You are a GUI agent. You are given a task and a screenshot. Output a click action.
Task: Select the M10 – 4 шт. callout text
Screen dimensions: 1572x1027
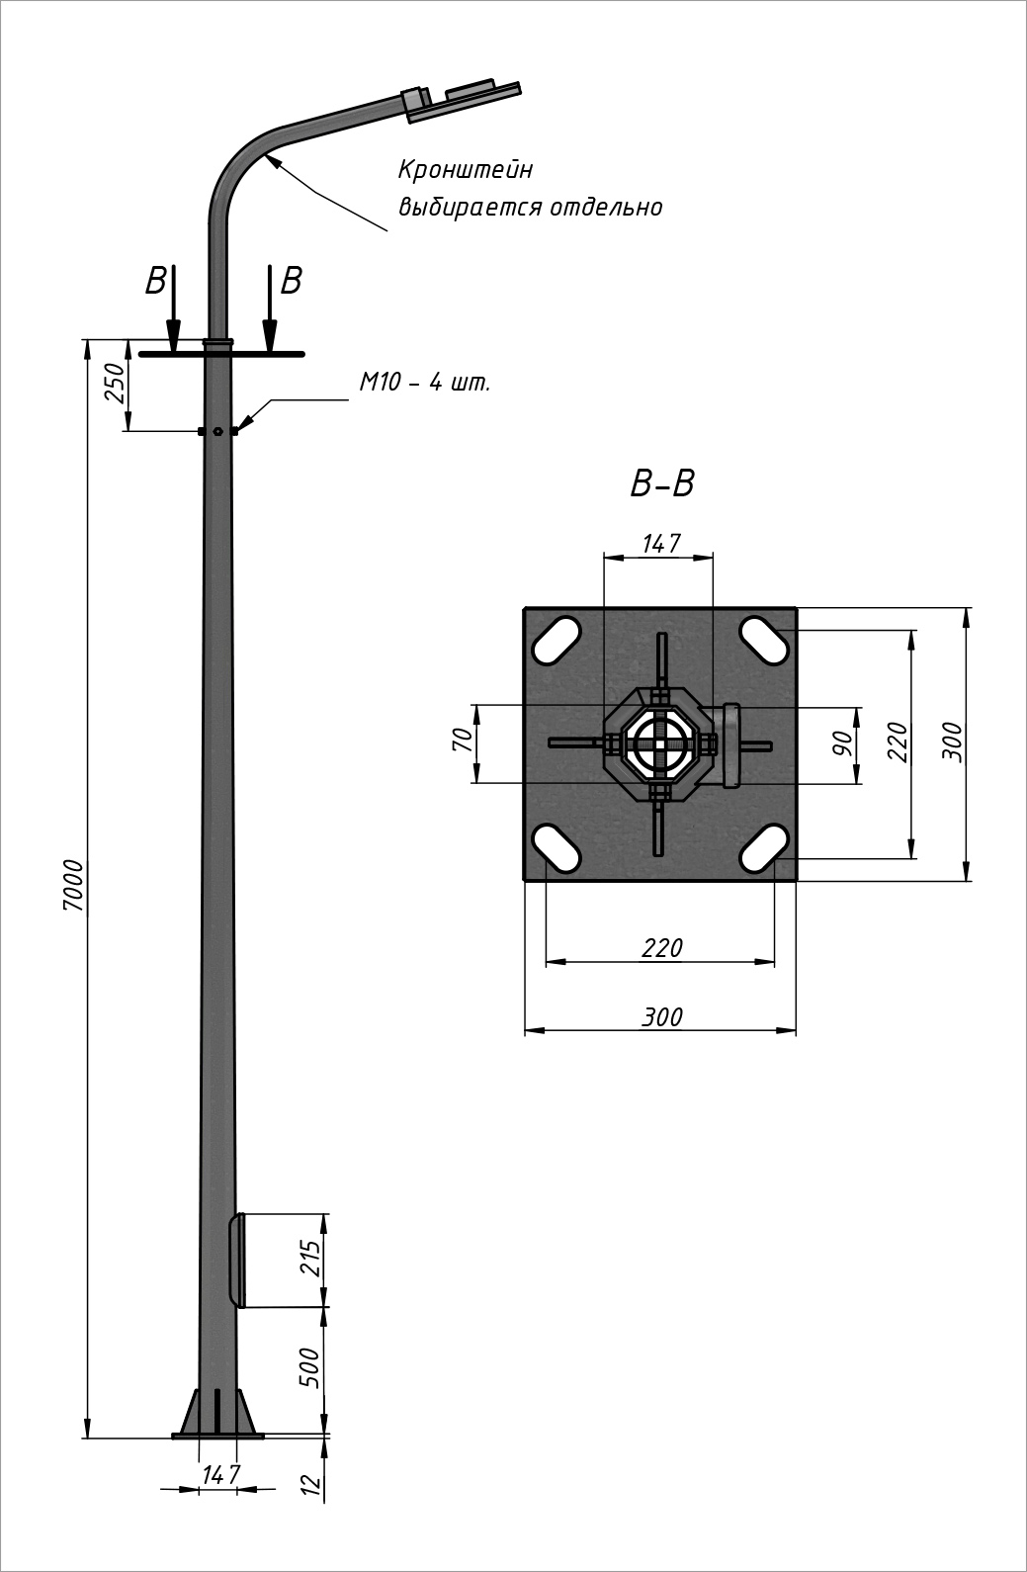coord(424,383)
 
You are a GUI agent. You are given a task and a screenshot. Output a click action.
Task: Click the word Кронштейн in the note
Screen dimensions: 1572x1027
coord(466,170)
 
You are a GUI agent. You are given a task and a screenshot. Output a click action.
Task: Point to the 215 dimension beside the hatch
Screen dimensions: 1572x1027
coord(311,1259)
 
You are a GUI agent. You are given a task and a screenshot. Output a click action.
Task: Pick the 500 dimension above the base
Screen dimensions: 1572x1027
coord(311,1367)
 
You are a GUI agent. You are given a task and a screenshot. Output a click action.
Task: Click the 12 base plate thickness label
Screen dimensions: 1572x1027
coord(311,1483)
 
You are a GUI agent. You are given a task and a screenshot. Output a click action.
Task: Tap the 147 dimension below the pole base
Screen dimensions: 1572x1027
coord(221,1474)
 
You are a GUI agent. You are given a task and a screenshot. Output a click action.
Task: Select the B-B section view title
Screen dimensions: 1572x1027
coord(662,484)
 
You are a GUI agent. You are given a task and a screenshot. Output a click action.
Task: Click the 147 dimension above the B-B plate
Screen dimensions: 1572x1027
coord(660,543)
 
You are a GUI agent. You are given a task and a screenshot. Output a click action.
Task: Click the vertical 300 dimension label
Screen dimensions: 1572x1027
coord(951,742)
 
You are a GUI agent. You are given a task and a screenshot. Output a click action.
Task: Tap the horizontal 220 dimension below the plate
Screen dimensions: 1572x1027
coord(661,948)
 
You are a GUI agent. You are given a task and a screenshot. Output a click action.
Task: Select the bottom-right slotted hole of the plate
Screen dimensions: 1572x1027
coord(764,847)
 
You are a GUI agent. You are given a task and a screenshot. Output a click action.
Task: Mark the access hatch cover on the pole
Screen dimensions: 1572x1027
coord(236,1259)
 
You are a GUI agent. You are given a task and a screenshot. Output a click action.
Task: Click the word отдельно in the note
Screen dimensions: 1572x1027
coord(618,207)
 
